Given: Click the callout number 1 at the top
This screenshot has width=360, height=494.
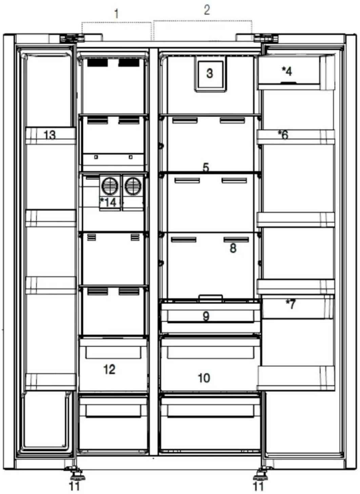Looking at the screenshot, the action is click(x=116, y=14).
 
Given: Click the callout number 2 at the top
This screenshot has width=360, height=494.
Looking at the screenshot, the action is click(x=207, y=10).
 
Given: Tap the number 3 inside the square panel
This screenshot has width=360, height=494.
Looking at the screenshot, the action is click(x=210, y=73).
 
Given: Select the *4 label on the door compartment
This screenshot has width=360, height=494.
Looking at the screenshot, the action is click(x=287, y=72).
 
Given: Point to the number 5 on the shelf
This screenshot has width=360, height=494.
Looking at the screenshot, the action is click(x=206, y=167).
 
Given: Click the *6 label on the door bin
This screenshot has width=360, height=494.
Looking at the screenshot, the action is click(x=283, y=135).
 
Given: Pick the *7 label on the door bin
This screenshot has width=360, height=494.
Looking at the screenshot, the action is click(x=291, y=305).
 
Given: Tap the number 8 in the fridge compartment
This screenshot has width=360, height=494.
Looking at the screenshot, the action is click(x=233, y=248).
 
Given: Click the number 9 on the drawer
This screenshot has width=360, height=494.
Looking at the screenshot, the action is click(x=206, y=316).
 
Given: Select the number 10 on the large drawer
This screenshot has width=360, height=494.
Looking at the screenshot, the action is click(x=204, y=378).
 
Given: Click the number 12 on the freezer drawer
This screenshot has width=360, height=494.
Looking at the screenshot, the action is click(x=109, y=369).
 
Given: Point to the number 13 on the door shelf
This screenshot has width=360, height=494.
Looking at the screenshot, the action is click(x=50, y=135).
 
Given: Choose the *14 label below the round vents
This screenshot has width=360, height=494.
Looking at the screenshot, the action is click(x=108, y=202).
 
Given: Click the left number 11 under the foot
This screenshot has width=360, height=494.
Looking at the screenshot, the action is click(x=74, y=486).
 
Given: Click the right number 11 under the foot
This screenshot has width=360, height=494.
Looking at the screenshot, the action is click(x=258, y=486).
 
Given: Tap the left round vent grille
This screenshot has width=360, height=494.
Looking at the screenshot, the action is click(x=110, y=186).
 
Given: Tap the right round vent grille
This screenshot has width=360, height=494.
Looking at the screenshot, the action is click(x=133, y=186).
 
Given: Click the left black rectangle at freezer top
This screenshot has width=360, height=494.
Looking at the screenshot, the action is click(x=97, y=63).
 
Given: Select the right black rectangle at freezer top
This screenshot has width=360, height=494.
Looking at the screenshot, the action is click(x=129, y=63).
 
